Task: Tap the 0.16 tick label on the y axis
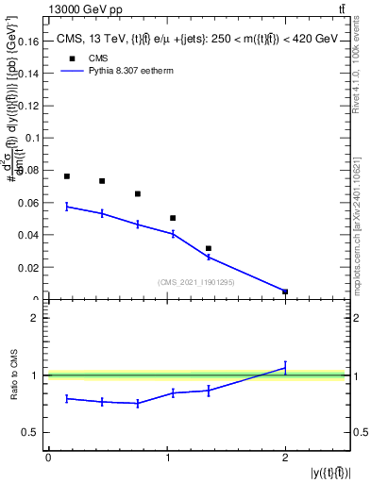(28, 42)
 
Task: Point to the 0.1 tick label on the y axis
(32, 139)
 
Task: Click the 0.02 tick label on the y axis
(28, 268)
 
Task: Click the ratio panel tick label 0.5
(30, 433)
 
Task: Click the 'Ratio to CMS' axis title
(13, 375)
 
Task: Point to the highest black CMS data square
(67, 176)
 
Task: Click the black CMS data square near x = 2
(285, 291)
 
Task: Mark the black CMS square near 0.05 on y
(173, 218)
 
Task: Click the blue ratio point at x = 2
(285, 368)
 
